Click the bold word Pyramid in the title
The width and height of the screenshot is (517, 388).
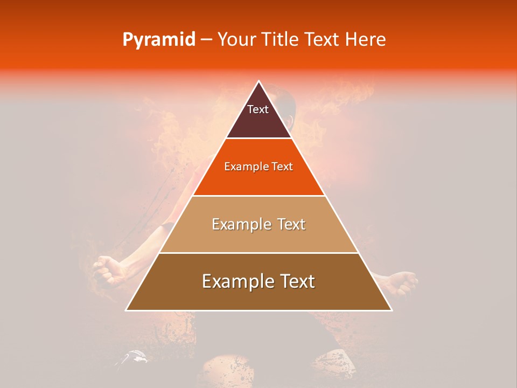click(158, 40)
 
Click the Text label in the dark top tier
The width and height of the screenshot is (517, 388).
click(258, 109)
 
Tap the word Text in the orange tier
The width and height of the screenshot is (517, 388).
click(283, 167)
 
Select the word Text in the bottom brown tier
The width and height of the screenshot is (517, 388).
click(297, 281)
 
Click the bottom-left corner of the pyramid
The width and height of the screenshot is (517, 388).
click(127, 310)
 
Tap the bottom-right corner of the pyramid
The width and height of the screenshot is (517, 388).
click(392, 310)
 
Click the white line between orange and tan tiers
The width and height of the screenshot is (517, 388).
click(259, 196)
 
